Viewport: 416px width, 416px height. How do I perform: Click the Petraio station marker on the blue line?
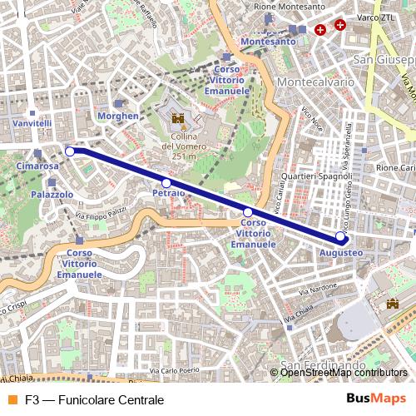166,183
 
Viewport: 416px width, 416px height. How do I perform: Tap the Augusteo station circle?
339,236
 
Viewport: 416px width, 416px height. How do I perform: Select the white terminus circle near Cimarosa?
70,151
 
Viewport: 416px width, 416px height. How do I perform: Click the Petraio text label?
168,193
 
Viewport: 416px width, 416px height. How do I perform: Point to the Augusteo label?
341,250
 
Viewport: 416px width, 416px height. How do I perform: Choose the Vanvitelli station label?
32,123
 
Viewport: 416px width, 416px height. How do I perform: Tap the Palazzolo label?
52,194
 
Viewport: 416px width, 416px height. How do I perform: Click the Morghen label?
118,116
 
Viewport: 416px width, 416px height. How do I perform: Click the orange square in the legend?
11,399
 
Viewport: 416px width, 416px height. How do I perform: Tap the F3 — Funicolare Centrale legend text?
94,399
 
